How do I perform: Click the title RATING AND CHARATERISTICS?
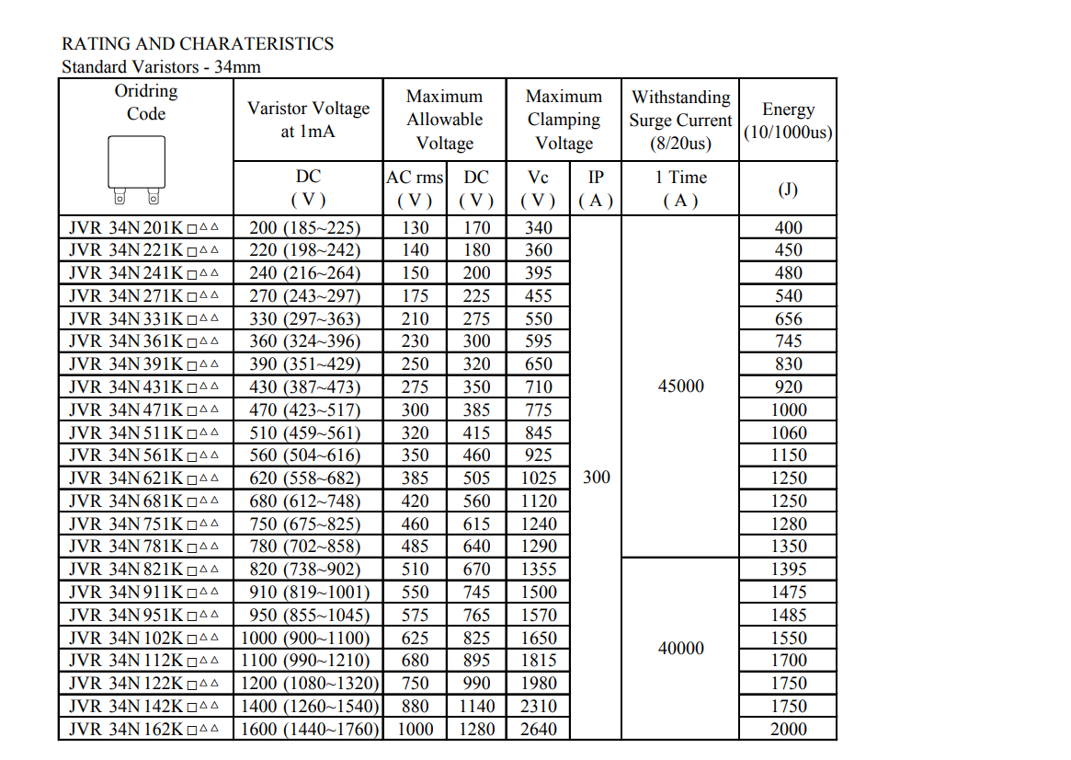point(198,43)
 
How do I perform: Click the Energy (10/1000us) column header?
point(788,121)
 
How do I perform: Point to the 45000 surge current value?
point(681,386)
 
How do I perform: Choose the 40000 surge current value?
point(681,648)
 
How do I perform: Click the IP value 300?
point(596,478)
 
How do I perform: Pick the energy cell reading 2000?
point(788,729)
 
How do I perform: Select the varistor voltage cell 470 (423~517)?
point(305,409)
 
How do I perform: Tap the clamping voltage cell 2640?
point(538,729)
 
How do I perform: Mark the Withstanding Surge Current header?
point(680,120)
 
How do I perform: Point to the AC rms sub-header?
point(414,178)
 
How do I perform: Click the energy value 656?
point(788,318)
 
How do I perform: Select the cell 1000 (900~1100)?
point(305,638)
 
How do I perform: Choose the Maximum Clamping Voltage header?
point(564,120)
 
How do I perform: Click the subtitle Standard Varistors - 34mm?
point(161,66)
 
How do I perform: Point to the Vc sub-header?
point(538,178)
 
